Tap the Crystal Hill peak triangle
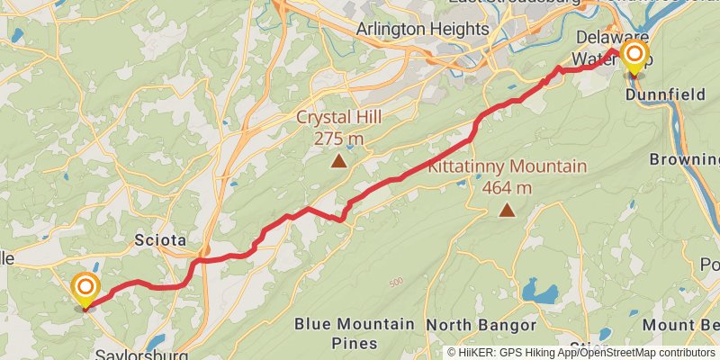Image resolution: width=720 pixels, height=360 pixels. [338, 162]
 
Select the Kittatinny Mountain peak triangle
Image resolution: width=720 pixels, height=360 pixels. [508, 211]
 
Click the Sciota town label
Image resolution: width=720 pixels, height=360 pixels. [160, 240]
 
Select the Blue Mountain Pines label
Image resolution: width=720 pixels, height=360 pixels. [355, 333]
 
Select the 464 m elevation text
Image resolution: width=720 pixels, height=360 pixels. [508, 187]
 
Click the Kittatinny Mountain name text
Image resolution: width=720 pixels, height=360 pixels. [507, 166]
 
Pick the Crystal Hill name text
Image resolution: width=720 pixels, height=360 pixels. [341, 117]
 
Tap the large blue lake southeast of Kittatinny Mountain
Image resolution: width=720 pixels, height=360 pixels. [540, 293]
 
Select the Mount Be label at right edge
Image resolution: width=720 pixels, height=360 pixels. [694, 324]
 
